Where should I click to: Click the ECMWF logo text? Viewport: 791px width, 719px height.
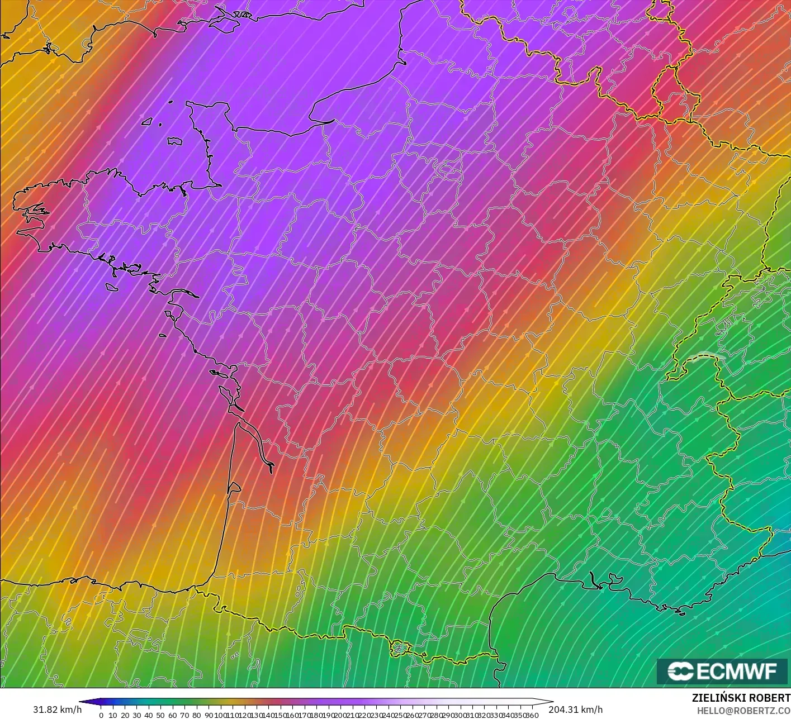pyautogui.click(x=736, y=671)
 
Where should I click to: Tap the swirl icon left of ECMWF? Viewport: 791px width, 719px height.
pyautogui.click(x=680, y=671)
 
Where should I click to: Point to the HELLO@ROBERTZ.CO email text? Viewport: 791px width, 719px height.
pyautogui.click(x=743, y=710)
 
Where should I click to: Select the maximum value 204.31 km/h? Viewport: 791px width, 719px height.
pyautogui.click(x=575, y=710)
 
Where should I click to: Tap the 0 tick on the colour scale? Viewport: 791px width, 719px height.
pyautogui.click(x=101, y=715)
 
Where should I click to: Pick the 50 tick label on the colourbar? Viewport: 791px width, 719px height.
pyautogui.click(x=160, y=715)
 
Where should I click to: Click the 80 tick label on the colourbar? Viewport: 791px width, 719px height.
pyautogui.click(x=196, y=715)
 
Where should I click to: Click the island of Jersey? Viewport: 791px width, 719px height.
pyautogui.click(x=175, y=141)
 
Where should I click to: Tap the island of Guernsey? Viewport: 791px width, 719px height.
pyautogui.click(x=148, y=121)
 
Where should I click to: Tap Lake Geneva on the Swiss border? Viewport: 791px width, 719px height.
pyautogui.click(x=705, y=356)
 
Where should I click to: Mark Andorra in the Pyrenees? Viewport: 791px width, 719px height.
pyautogui.click(x=400, y=648)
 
